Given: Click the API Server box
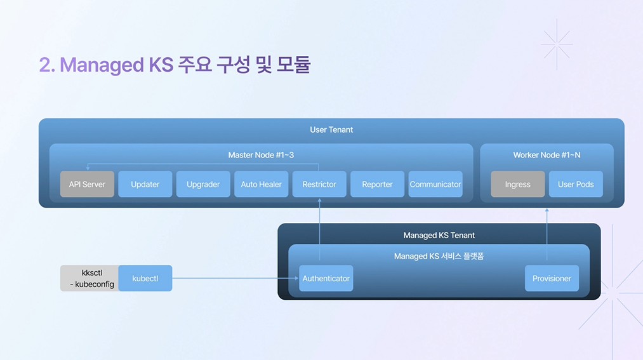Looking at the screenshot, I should tap(87, 184).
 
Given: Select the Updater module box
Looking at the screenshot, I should tap(145, 184).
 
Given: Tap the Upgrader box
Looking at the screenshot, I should tap(203, 184).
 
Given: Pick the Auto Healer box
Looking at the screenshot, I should tap(261, 184).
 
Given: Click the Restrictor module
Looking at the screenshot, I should tap(319, 184).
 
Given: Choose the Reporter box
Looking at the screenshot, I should tap(377, 184).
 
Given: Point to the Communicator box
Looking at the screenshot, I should tap(435, 184).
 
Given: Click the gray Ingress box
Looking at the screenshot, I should tap(517, 184).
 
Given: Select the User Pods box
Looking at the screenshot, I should tap(576, 184).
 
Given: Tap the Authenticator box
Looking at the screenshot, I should tap(326, 278).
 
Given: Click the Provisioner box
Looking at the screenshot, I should tap(552, 278).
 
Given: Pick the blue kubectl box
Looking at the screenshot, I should tap(145, 278).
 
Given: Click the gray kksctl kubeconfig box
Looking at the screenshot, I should tap(89, 278).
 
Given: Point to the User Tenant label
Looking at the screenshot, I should tap(331, 130).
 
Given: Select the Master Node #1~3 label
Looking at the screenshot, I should tap(261, 155).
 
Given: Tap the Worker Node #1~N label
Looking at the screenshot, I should tap(547, 155).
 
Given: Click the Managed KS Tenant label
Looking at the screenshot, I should tap(439, 235).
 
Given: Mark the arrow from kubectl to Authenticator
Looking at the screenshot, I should tap(235, 278).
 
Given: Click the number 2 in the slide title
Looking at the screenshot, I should tap(44, 65).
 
